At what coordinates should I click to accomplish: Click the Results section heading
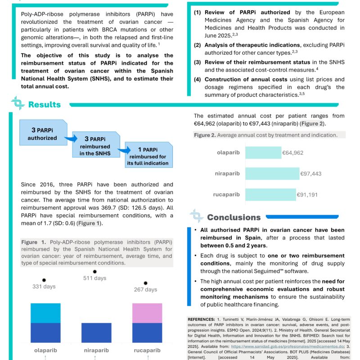pos(44,104)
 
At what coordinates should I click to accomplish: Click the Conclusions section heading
pos(234,217)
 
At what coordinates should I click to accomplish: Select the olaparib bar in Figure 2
pos(263,153)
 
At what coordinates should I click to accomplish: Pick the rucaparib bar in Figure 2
pos(270,195)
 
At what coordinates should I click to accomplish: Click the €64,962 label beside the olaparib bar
pos(293,153)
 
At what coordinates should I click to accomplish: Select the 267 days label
pos(146,289)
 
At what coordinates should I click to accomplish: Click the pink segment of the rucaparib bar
pos(147,313)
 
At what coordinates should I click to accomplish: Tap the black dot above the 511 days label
pos(94,271)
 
